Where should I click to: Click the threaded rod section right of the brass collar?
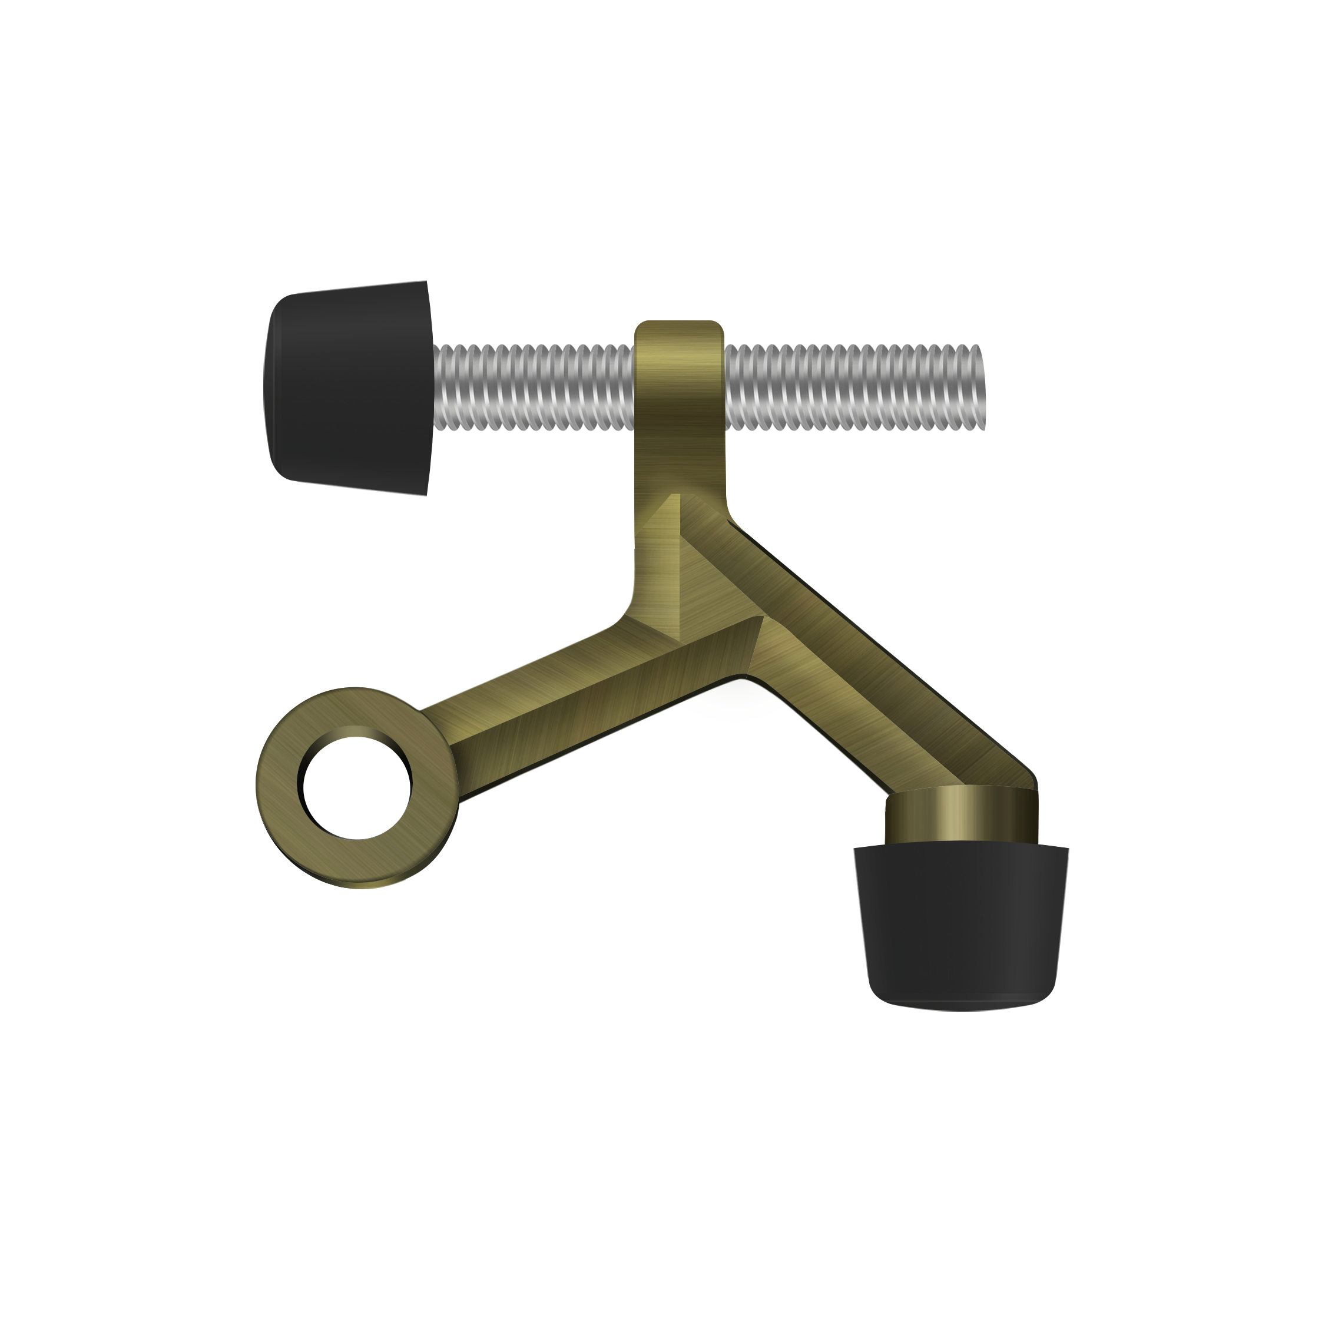tap(850, 387)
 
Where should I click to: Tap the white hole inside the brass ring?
tap(357, 788)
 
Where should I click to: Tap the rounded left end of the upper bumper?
tap(270, 388)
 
